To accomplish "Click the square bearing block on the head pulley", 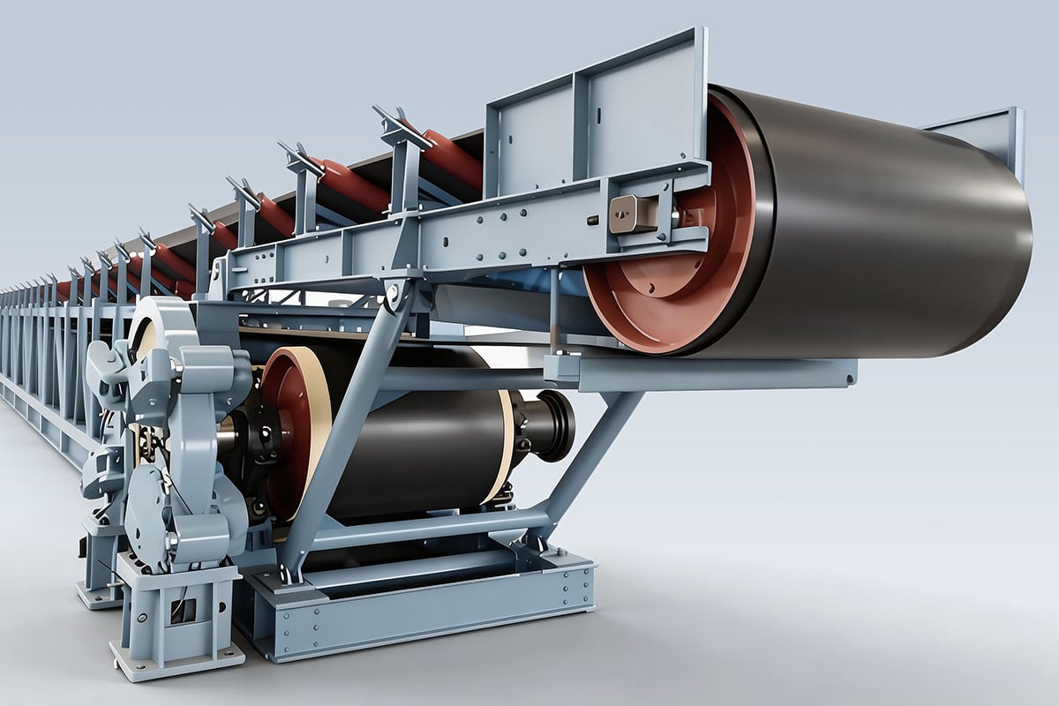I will [x=634, y=214].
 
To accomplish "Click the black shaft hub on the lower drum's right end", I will [x=547, y=425].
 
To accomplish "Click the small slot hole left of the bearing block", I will [x=593, y=220].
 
